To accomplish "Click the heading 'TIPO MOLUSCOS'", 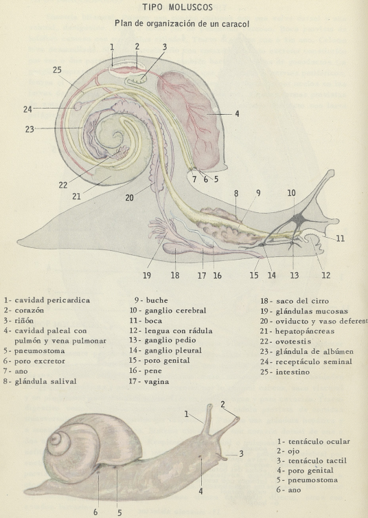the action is (x=178, y=8).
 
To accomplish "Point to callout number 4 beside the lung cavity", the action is (x=237, y=113).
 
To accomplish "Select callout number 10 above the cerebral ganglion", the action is (x=291, y=193).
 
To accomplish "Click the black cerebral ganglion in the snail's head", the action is (x=299, y=218).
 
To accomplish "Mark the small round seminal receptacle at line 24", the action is (x=78, y=106).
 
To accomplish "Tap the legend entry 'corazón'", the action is (x=29, y=311).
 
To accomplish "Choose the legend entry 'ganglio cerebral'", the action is (x=175, y=311).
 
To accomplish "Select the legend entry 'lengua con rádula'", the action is (x=179, y=330).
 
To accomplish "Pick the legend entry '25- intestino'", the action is (x=285, y=372).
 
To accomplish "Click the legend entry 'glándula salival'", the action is (x=45, y=381).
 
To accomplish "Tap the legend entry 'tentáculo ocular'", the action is (x=319, y=441).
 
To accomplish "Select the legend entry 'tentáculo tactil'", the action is (x=317, y=460).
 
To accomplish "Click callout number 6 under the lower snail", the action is (x=95, y=512).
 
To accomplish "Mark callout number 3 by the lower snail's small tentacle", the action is (x=241, y=453).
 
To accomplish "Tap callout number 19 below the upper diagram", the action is (x=147, y=275).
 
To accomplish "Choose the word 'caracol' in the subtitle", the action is (x=235, y=24).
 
